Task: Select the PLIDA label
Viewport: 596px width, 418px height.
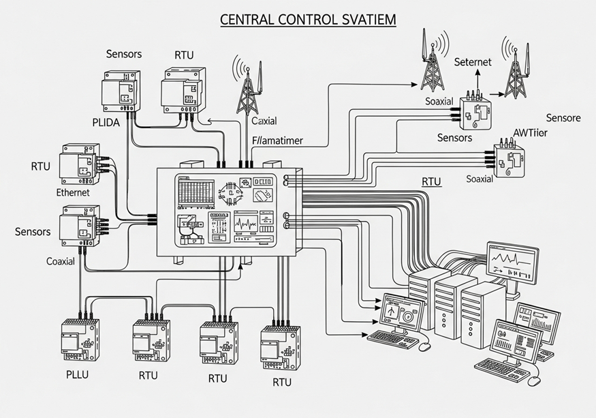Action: tap(106, 123)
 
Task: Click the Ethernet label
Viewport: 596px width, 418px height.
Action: tap(73, 192)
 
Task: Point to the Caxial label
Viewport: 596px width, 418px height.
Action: tap(264, 121)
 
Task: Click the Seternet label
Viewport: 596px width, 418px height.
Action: tap(473, 62)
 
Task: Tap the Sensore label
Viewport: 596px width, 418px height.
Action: tap(563, 118)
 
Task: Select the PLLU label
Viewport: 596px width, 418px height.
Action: tap(77, 374)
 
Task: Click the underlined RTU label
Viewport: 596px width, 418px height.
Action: tap(431, 182)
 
